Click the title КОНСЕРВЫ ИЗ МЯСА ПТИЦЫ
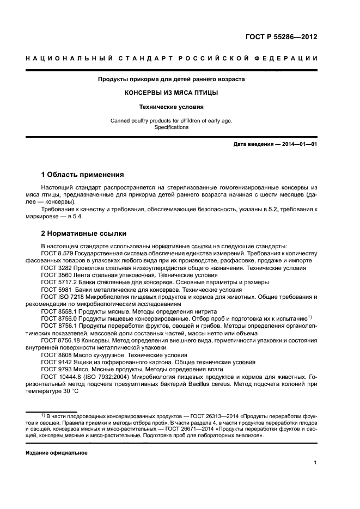[x=171, y=93]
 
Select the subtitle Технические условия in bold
[x=171, y=107]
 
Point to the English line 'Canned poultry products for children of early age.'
[x=171, y=120]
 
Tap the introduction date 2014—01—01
[x=298, y=144]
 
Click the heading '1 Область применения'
[x=82, y=175]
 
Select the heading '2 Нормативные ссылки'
[x=83, y=234]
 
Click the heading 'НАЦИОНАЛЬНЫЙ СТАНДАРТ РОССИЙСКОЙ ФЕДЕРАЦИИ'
[x=171, y=58]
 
